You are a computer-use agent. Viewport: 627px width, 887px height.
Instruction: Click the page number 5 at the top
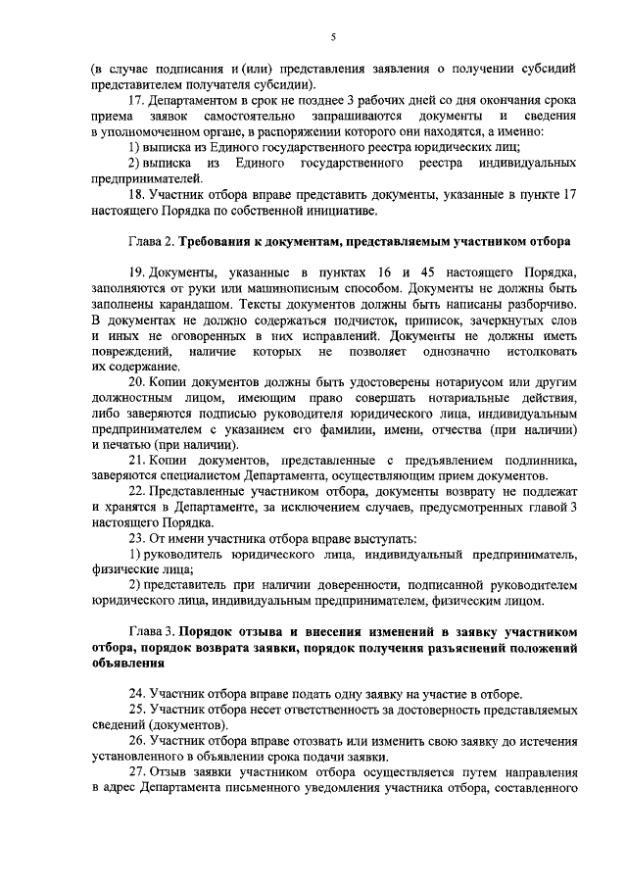(x=332, y=37)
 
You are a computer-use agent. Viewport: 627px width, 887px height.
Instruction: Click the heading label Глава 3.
(x=155, y=631)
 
